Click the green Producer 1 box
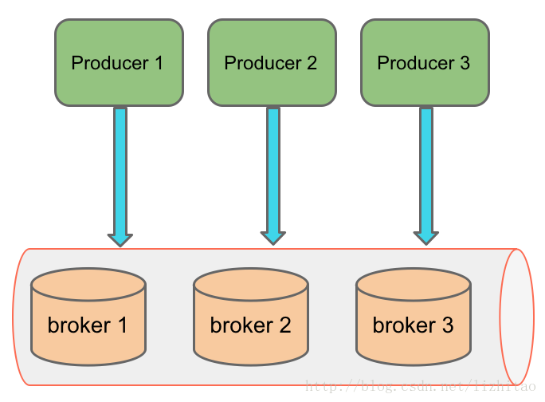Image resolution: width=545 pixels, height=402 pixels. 120,63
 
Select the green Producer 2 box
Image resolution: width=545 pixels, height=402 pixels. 272,63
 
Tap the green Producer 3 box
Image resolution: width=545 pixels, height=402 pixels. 425,63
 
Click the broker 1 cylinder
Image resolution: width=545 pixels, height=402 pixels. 88,317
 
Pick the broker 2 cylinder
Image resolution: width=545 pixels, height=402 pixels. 251,317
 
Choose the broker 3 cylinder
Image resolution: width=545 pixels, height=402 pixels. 414,317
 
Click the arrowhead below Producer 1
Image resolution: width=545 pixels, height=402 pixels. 120,240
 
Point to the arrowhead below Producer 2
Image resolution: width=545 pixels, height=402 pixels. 273,238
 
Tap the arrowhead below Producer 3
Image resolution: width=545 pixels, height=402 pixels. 426,238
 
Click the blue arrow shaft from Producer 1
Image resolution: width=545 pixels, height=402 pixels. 120,171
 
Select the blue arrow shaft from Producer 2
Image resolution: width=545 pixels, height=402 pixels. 273,170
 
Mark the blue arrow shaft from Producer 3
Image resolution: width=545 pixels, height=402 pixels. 426,170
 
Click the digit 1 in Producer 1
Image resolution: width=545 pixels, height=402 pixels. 159,63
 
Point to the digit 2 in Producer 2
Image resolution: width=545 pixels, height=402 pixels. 312,63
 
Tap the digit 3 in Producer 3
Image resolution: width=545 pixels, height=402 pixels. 465,63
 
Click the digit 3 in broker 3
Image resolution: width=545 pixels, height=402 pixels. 448,325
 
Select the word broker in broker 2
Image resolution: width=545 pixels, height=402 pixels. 241,325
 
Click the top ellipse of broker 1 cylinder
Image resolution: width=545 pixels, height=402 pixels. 88,284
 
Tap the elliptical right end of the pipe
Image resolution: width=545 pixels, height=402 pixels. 517,317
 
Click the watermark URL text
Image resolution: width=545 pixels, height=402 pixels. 421,386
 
